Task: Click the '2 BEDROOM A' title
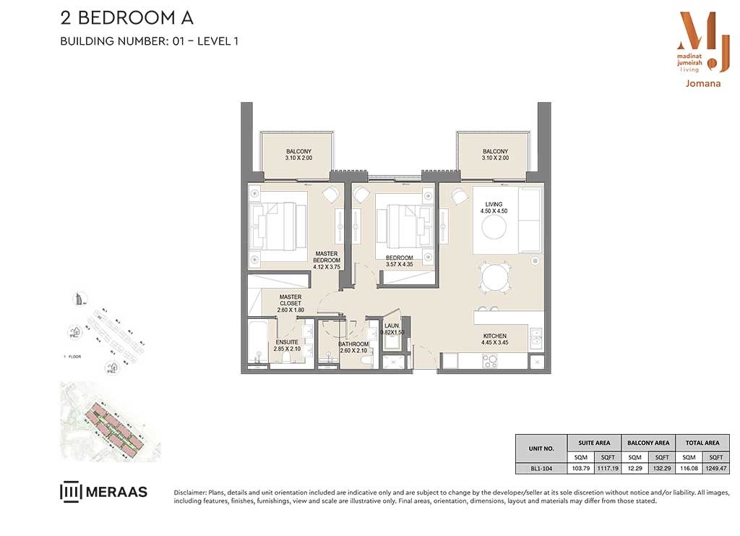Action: point(126,18)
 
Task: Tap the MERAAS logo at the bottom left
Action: point(103,492)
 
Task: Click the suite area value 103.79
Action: point(580,468)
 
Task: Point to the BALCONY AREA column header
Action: point(647,442)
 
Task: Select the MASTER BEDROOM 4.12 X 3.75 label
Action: point(327,260)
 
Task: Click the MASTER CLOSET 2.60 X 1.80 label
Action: point(291,303)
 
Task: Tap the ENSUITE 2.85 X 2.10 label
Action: point(287,345)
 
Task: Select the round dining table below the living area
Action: point(494,276)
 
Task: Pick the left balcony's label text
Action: point(298,155)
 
